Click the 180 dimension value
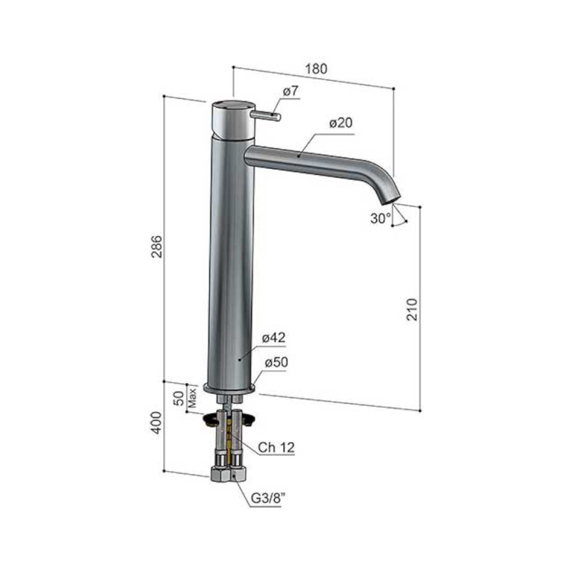pyautogui.click(x=316, y=69)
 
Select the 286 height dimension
pyautogui.click(x=157, y=247)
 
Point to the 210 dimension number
pyautogui.click(x=412, y=309)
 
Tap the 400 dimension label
pyautogui.click(x=157, y=423)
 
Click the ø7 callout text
pyautogui.click(x=290, y=91)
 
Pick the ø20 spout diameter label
pyautogui.click(x=340, y=123)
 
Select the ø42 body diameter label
pyautogui.click(x=274, y=337)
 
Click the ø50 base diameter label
pyautogui.click(x=276, y=362)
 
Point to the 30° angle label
pyautogui.click(x=381, y=218)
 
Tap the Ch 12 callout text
pyautogui.click(x=276, y=448)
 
